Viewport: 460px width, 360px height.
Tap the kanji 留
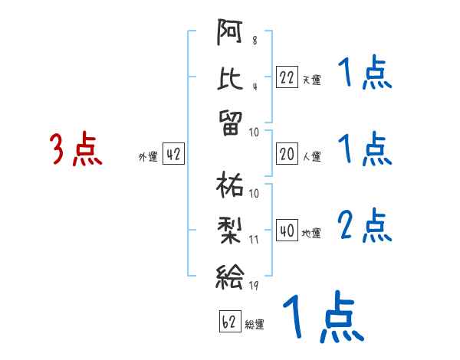point(230,122)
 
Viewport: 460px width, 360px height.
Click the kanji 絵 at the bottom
point(230,274)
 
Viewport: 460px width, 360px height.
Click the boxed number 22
point(287,77)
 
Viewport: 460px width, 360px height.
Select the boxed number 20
point(287,154)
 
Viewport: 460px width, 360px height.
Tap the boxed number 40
point(287,231)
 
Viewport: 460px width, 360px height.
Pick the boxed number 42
point(173,155)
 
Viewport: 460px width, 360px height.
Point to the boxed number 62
point(228,322)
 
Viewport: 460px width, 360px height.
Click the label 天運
point(311,80)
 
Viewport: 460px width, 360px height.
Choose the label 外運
point(148,157)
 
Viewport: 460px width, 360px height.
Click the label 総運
point(254,325)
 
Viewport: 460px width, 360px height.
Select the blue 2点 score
point(365,225)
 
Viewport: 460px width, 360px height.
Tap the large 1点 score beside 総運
point(322,317)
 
